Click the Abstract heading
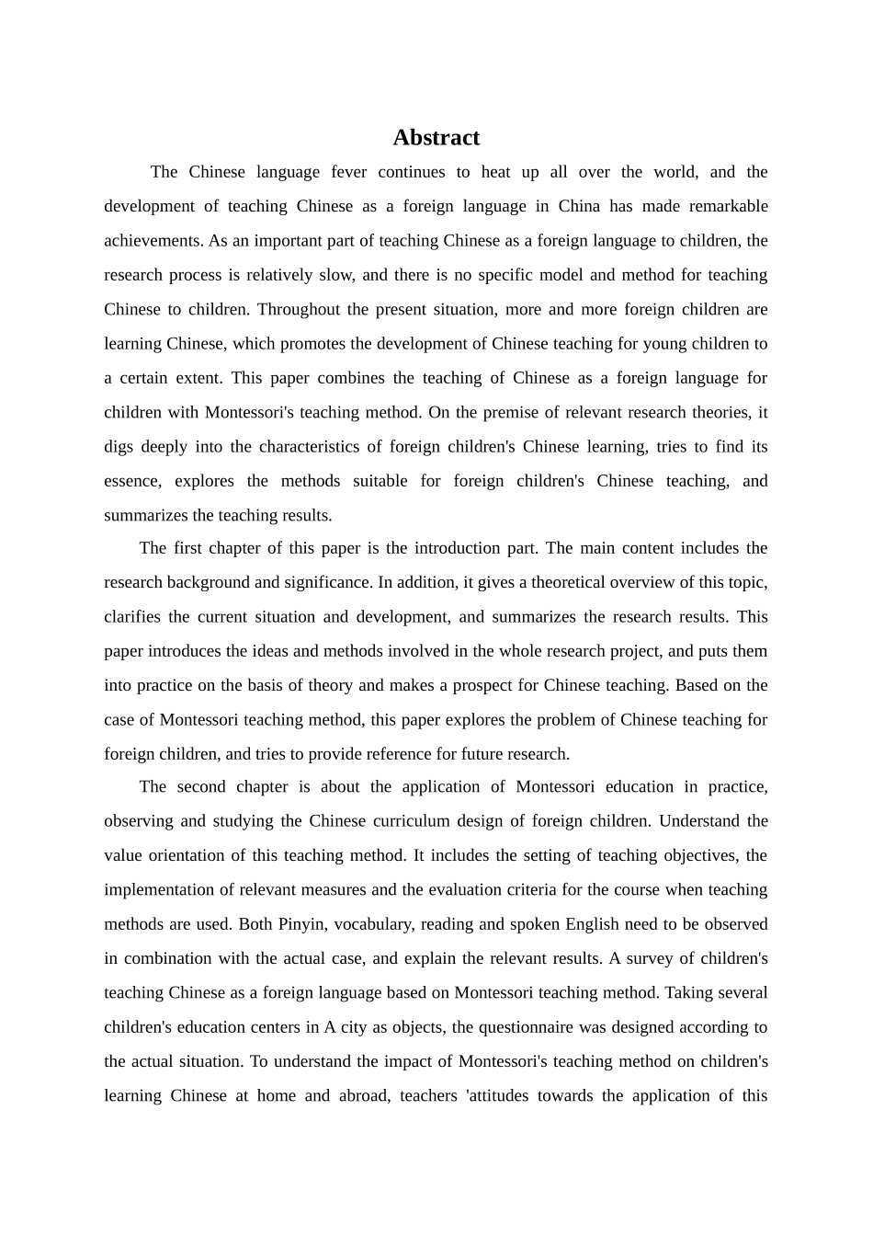click(x=436, y=138)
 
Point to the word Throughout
click(x=300, y=309)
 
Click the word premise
click(x=505, y=412)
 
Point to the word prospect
click(x=493, y=685)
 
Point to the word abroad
click(x=364, y=1096)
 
